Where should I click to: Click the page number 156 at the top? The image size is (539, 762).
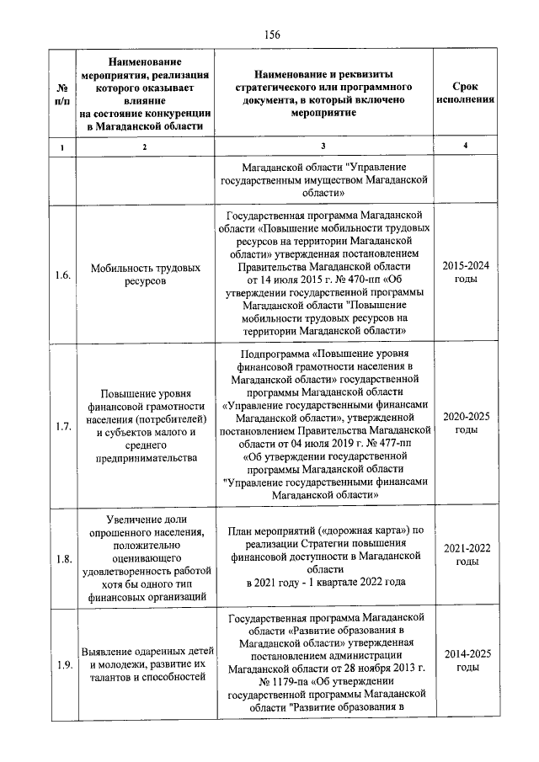coord(271,34)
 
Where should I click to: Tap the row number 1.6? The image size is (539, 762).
coord(61,274)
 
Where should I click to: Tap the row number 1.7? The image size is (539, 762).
coord(61,426)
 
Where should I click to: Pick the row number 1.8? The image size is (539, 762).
coord(61,558)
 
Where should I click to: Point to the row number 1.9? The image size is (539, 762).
coord(61,666)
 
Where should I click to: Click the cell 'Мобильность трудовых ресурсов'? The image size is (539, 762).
coord(144,274)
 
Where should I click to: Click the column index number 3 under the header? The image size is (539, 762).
coord(323,148)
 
